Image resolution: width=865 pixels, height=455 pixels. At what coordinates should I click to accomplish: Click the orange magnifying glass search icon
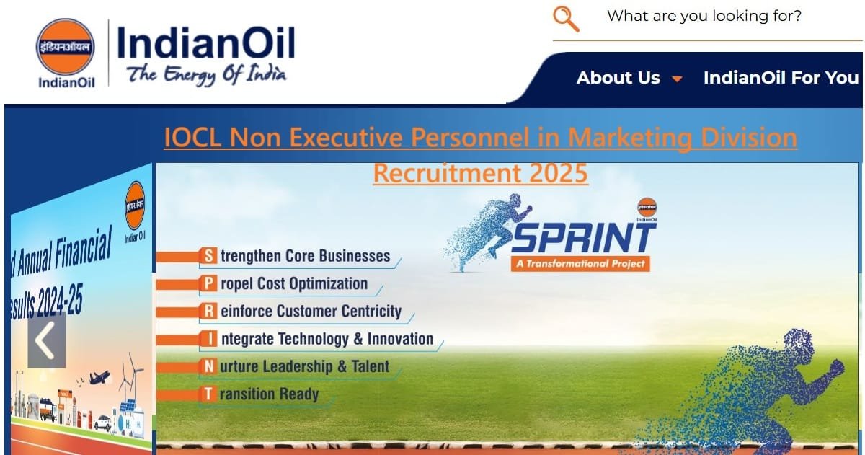click(567, 19)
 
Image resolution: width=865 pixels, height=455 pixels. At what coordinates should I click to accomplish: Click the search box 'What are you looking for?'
click(704, 17)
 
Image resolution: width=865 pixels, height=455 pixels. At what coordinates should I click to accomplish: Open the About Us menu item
click(618, 78)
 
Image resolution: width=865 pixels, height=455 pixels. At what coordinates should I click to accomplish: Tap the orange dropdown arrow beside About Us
click(677, 79)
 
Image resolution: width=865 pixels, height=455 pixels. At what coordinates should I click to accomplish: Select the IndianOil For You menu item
click(781, 78)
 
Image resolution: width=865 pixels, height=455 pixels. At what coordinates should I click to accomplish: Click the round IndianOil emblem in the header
click(66, 47)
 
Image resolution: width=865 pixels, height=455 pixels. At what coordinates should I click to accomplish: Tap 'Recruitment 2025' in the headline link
click(480, 173)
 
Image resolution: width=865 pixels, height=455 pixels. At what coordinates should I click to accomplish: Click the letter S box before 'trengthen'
click(208, 256)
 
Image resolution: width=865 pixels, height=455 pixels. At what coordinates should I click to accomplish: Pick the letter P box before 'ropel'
click(208, 283)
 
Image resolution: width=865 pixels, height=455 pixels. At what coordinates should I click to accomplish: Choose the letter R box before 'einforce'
click(208, 312)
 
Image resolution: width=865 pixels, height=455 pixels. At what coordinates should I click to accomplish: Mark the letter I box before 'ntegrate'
click(208, 339)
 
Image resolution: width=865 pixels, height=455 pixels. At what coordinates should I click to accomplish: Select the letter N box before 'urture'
click(208, 366)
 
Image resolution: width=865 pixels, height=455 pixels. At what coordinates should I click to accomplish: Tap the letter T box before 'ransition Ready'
click(208, 394)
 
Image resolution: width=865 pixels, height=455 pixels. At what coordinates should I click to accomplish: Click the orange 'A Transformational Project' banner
click(580, 263)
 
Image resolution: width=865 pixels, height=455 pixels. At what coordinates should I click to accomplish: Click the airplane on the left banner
click(99, 377)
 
